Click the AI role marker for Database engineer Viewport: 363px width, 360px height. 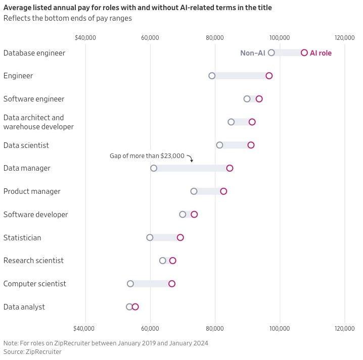pyautogui.click(x=304, y=53)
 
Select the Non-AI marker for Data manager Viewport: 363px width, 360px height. pyautogui.click(x=154, y=168)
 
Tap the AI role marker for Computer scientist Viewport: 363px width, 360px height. pyautogui.click(x=172, y=284)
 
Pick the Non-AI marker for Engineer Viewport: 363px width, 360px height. pyautogui.click(x=212, y=76)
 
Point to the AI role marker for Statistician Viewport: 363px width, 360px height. pyautogui.click(x=180, y=237)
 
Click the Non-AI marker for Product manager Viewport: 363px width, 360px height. pyautogui.click(x=194, y=191)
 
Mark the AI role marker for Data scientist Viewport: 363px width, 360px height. pyautogui.click(x=251, y=145)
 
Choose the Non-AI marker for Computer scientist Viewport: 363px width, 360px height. pyautogui.click(x=130, y=284)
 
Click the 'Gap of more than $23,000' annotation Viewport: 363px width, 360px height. pyautogui.click(x=147, y=156)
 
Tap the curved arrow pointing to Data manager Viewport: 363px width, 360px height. pyautogui.click(x=190, y=159)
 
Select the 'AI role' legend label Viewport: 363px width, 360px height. pyautogui.click(x=321, y=53)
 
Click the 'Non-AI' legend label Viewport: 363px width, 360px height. pyautogui.click(x=252, y=53)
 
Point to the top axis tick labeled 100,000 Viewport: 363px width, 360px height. pyautogui.click(x=280, y=38)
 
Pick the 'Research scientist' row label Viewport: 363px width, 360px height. pyautogui.click(x=33, y=261)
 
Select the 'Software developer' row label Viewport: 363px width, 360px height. pyautogui.click(x=35, y=215)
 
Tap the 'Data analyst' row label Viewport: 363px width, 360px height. pyautogui.click(x=24, y=307)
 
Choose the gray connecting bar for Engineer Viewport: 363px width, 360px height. pyautogui.click(x=240, y=76)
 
